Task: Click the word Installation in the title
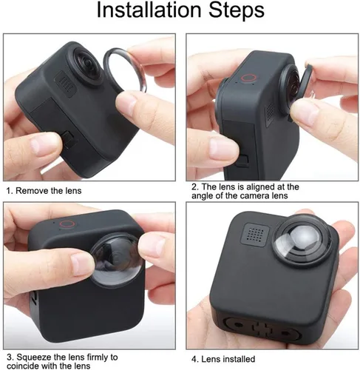click(x=149, y=10)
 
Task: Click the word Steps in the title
click(x=237, y=10)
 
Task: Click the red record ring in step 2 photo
click(x=249, y=78)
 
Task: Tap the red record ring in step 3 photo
click(x=67, y=224)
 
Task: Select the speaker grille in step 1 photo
click(x=65, y=84)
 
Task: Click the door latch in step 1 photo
click(x=68, y=140)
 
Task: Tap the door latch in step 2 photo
click(x=242, y=161)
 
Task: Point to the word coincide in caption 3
click(x=23, y=366)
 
